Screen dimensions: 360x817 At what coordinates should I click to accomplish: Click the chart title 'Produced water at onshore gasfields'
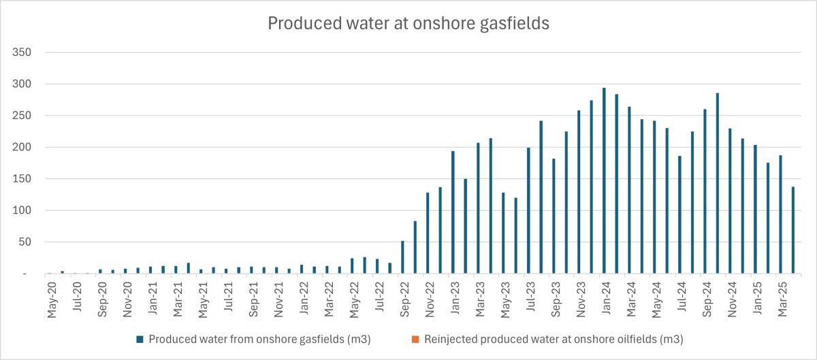pyautogui.click(x=408, y=23)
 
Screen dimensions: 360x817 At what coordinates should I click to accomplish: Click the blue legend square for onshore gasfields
pyautogui.click(x=140, y=339)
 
